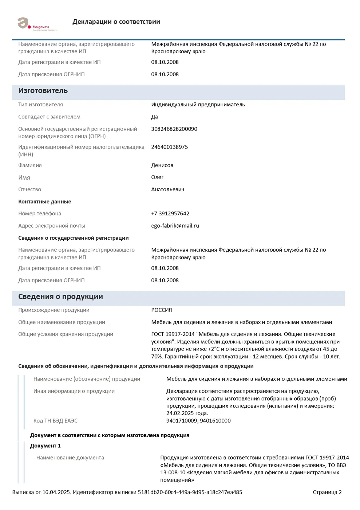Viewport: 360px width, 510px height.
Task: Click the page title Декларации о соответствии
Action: (116, 22)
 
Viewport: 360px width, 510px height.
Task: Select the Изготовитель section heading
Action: (43, 91)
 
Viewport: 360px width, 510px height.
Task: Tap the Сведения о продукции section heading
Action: (60, 297)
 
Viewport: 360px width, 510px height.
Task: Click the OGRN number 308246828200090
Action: (174, 129)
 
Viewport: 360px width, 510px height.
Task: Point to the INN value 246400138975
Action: (169, 147)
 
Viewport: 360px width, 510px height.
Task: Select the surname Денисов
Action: (162, 165)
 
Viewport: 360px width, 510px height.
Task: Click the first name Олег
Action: (157, 177)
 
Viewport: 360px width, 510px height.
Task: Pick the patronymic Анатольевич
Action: (167, 189)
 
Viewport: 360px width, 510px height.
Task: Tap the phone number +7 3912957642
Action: (170, 213)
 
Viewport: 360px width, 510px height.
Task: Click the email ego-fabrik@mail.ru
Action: (175, 226)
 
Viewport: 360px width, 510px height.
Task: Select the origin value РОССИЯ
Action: (161, 310)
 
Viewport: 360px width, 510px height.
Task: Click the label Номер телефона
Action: (40, 213)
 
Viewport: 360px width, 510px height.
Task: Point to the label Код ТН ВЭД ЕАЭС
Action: (55, 421)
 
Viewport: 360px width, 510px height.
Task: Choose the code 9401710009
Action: (182, 421)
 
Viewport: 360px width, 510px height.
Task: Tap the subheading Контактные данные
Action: (44, 202)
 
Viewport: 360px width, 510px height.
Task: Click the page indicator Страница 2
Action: (327, 492)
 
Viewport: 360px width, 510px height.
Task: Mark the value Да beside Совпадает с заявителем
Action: (154, 117)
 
